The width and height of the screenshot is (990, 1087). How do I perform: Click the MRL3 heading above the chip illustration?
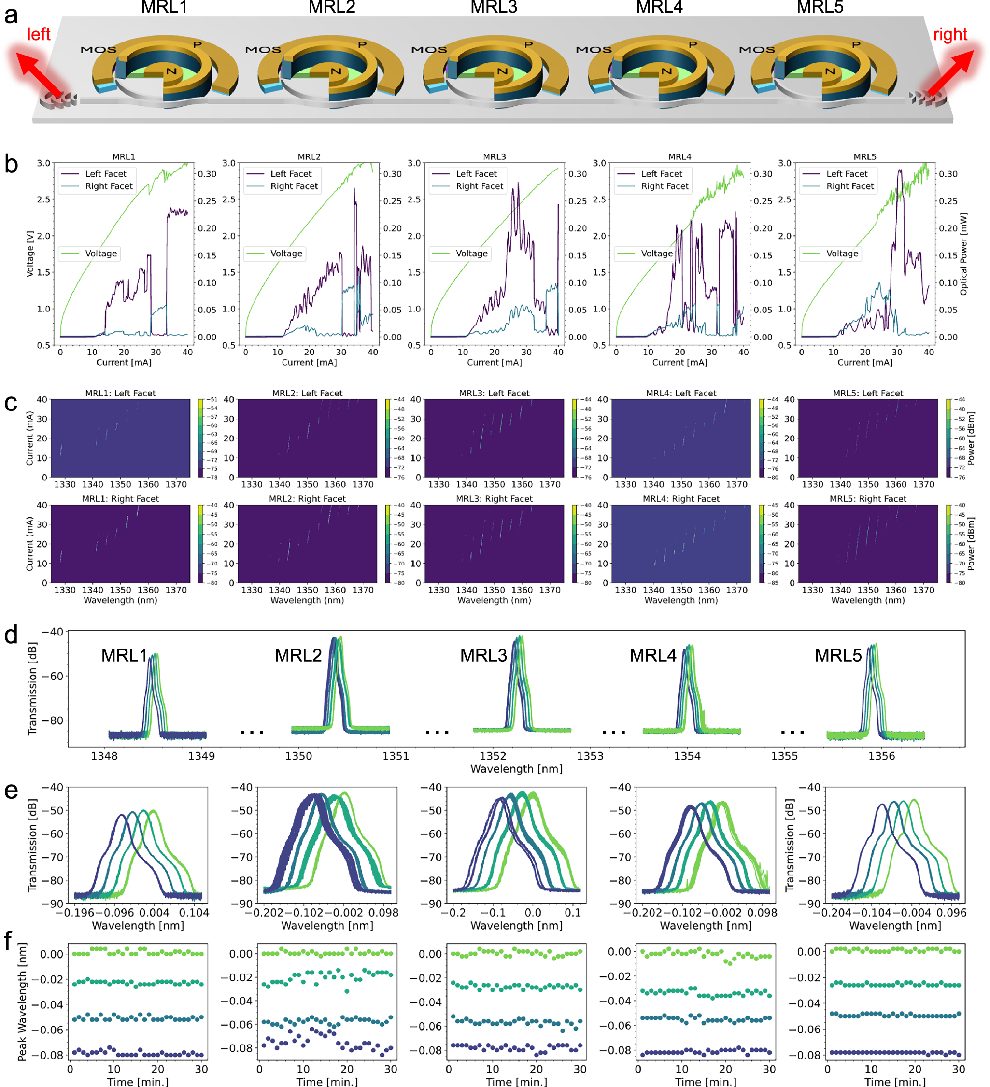tap(494, 8)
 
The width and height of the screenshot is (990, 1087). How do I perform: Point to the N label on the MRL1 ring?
tap(171, 71)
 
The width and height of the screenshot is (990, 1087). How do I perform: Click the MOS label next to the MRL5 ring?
tap(757, 50)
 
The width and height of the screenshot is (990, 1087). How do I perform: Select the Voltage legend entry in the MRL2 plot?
tap(286, 254)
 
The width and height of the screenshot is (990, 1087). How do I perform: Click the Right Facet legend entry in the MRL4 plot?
tap(665, 186)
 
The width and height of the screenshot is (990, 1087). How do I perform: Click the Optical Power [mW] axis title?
tap(963, 254)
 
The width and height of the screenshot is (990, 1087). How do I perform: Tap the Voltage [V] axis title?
tap(30, 254)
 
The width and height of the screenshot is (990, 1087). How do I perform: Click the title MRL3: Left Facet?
tap(494, 393)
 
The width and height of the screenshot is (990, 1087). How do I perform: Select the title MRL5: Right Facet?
tap(868, 499)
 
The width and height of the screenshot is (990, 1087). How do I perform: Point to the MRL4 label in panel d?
tap(652, 655)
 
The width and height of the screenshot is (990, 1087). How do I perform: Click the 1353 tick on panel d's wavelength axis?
tap(590, 756)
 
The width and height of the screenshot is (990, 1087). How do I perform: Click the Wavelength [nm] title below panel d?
tap(516, 769)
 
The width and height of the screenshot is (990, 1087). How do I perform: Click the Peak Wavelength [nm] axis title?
tap(22, 1002)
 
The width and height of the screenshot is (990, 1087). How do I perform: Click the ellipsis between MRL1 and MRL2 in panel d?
tap(252, 732)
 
